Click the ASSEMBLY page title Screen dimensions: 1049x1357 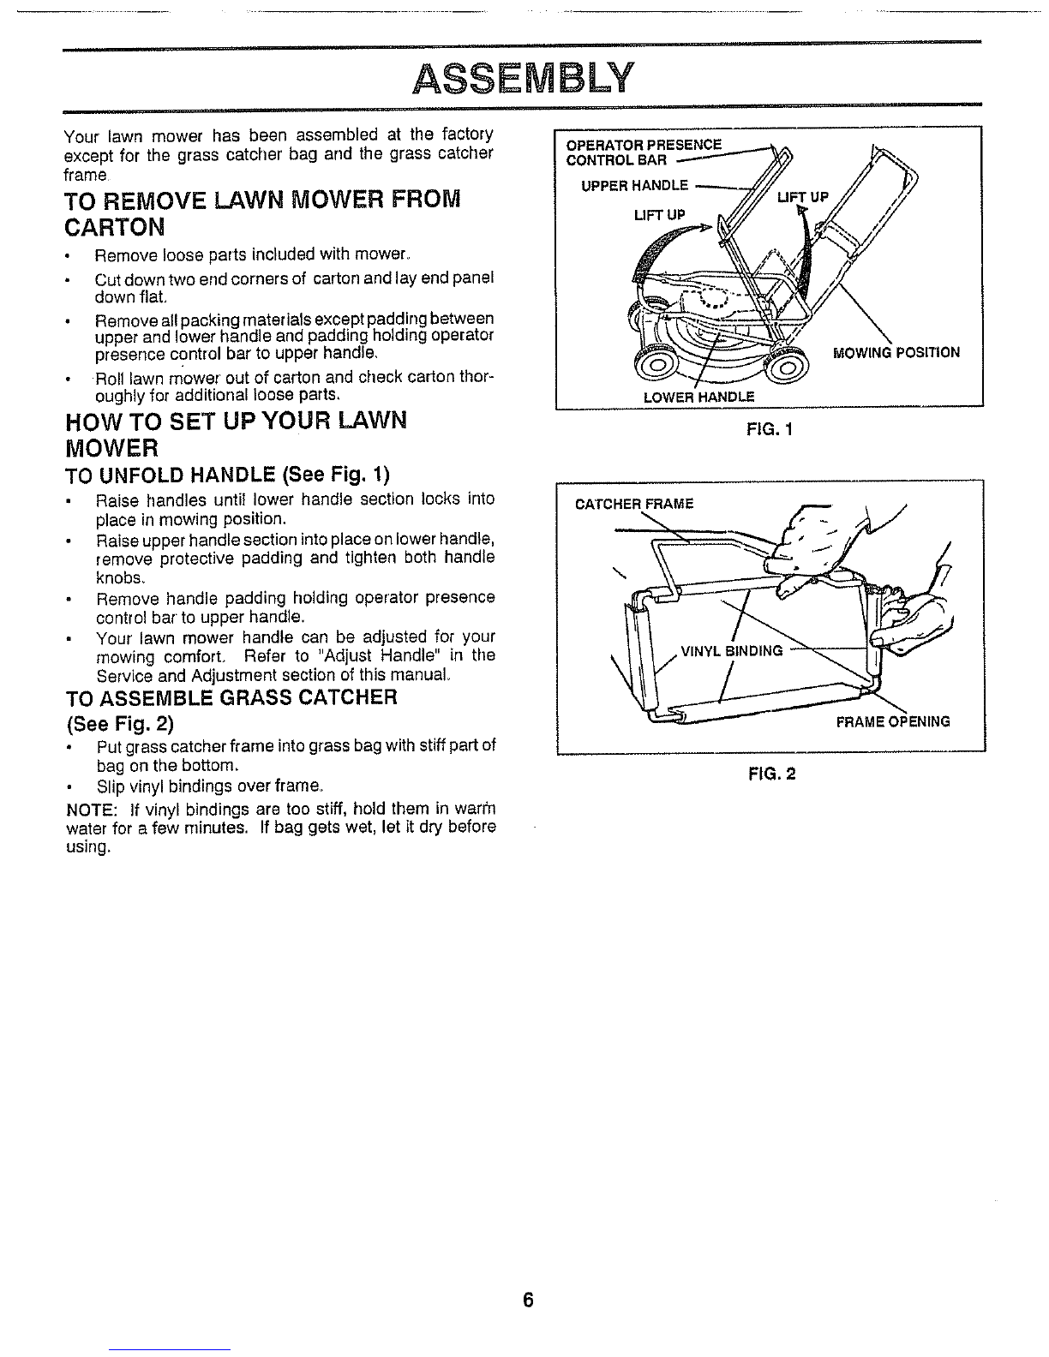pos(523,78)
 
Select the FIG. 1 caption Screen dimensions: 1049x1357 pos(770,430)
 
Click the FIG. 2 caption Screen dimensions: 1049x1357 pos(772,774)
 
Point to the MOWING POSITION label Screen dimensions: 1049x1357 pos(896,353)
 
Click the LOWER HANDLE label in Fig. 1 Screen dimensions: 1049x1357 pos(699,398)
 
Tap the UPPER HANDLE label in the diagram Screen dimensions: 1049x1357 pos(635,185)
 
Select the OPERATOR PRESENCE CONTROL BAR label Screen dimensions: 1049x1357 pos(644,152)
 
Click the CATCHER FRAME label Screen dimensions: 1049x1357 pos(634,504)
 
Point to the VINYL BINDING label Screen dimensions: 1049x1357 pos(732,651)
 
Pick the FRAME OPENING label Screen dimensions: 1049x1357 pos(893,722)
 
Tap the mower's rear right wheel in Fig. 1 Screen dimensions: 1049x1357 pos(788,367)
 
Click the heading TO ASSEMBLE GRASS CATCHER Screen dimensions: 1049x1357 pos(231,697)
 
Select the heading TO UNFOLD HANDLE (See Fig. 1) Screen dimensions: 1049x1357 pos(227,475)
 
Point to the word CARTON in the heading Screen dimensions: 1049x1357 pos(114,227)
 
